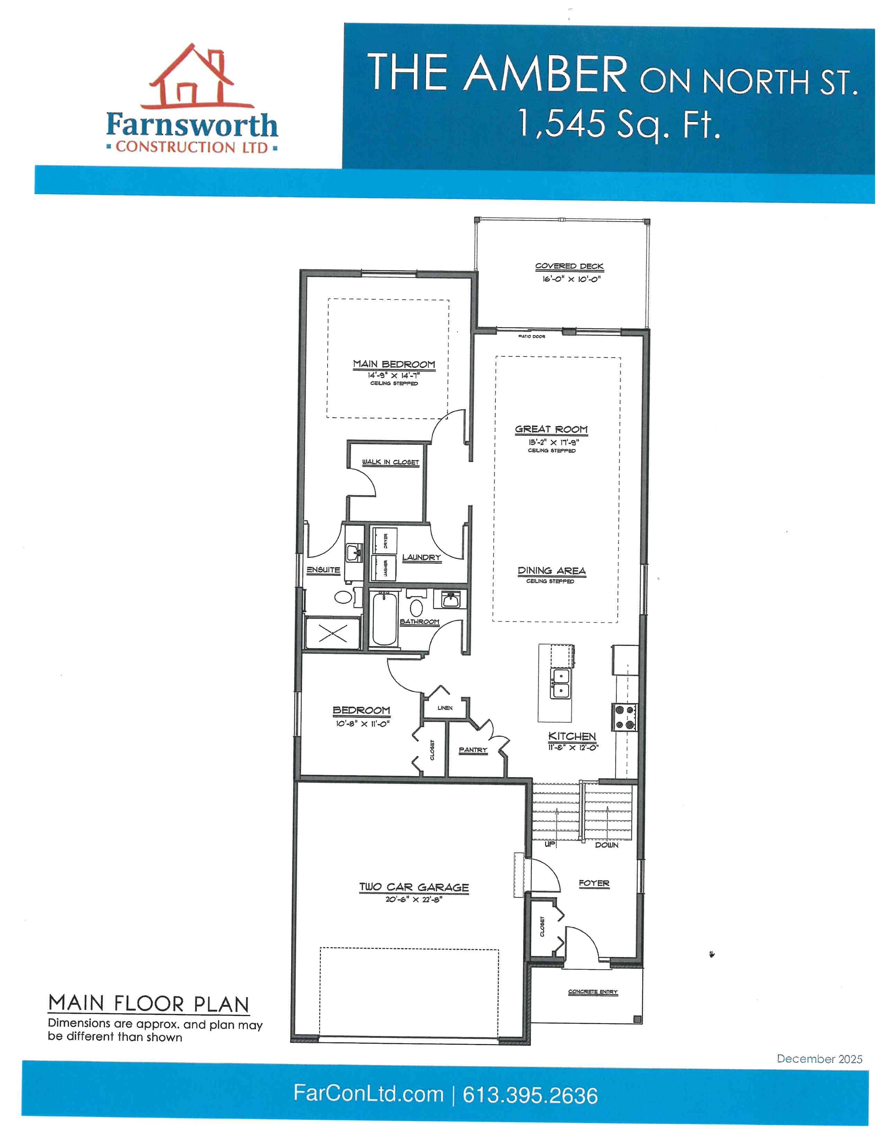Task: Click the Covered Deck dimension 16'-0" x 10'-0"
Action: tap(571, 279)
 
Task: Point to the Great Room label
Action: tap(551, 429)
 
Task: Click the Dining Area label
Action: tap(551, 570)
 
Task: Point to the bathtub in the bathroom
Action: tap(384, 620)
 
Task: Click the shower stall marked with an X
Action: tap(333, 634)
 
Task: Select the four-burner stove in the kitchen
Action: tap(625, 717)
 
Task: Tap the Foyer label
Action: tap(594, 883)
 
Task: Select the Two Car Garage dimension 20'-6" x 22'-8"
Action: tap(414, 899)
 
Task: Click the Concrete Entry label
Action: tap(593, 991)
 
